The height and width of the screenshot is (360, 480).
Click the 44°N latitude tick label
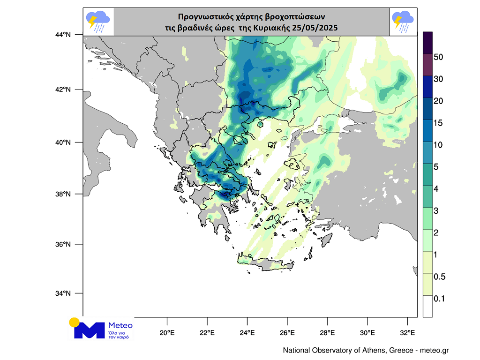pos(63,35)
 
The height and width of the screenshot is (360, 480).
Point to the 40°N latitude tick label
pos(63,142)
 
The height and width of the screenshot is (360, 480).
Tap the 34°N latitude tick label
pos(63,293)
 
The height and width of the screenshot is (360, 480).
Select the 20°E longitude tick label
pos(167,333)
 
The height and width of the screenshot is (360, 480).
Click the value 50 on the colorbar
pos(439,57)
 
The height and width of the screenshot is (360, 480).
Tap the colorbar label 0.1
pos(439,299)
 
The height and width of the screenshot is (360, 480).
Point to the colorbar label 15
pos(438,123)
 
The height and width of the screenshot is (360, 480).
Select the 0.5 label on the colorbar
pos(439,277)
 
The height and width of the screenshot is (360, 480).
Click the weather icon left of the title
pos(98,22)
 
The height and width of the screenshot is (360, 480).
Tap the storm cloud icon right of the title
pos(403,22)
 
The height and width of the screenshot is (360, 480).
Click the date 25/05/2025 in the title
pos(316,28)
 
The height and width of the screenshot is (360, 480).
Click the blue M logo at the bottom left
pos(89,330)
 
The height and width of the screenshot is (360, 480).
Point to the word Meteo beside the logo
pos(120,325)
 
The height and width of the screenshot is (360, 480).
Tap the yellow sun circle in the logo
pos(74,322)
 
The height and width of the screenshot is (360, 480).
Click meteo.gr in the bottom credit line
pos(435,351)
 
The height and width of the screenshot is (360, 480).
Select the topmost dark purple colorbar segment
pos(427,43)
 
